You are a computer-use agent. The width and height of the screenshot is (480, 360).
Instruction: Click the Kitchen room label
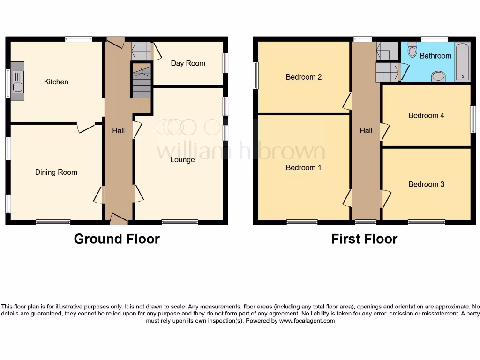[x=56, y=82]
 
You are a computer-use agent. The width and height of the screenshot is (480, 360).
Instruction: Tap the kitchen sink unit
[x=17, y=81]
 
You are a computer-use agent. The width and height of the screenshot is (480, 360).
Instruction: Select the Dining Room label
[x=56, y=172]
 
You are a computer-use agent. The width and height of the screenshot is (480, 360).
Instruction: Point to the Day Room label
[x=188, y=63]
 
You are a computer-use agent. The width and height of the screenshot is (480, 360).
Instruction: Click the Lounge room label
[x=182, y=160]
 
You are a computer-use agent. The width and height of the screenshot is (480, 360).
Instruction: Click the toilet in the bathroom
[x=412, y=50]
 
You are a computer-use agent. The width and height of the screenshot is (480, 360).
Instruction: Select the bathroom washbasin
[x=438, y=76]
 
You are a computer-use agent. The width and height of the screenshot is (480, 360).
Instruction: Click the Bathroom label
[x=435, y=56]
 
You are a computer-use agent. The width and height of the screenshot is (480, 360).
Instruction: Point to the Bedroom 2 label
[x=303, y=77]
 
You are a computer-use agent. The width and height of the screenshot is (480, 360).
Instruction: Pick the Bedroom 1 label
[x=303, y=168]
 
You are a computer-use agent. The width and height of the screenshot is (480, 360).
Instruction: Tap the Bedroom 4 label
[x=426, y=115]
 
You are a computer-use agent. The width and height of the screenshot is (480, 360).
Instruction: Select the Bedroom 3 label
[x=426, y=184]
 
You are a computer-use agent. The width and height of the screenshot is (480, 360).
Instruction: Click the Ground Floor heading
[x=117, y=239]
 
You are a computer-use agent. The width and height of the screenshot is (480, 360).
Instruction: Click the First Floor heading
[x=364, y=239]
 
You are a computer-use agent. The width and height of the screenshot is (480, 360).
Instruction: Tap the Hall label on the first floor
[x=366, y=131]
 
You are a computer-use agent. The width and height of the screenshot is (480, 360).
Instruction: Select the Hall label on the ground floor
[x=118, y=131]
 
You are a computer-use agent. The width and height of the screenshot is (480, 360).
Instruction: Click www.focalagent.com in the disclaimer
[x=307, y=321]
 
